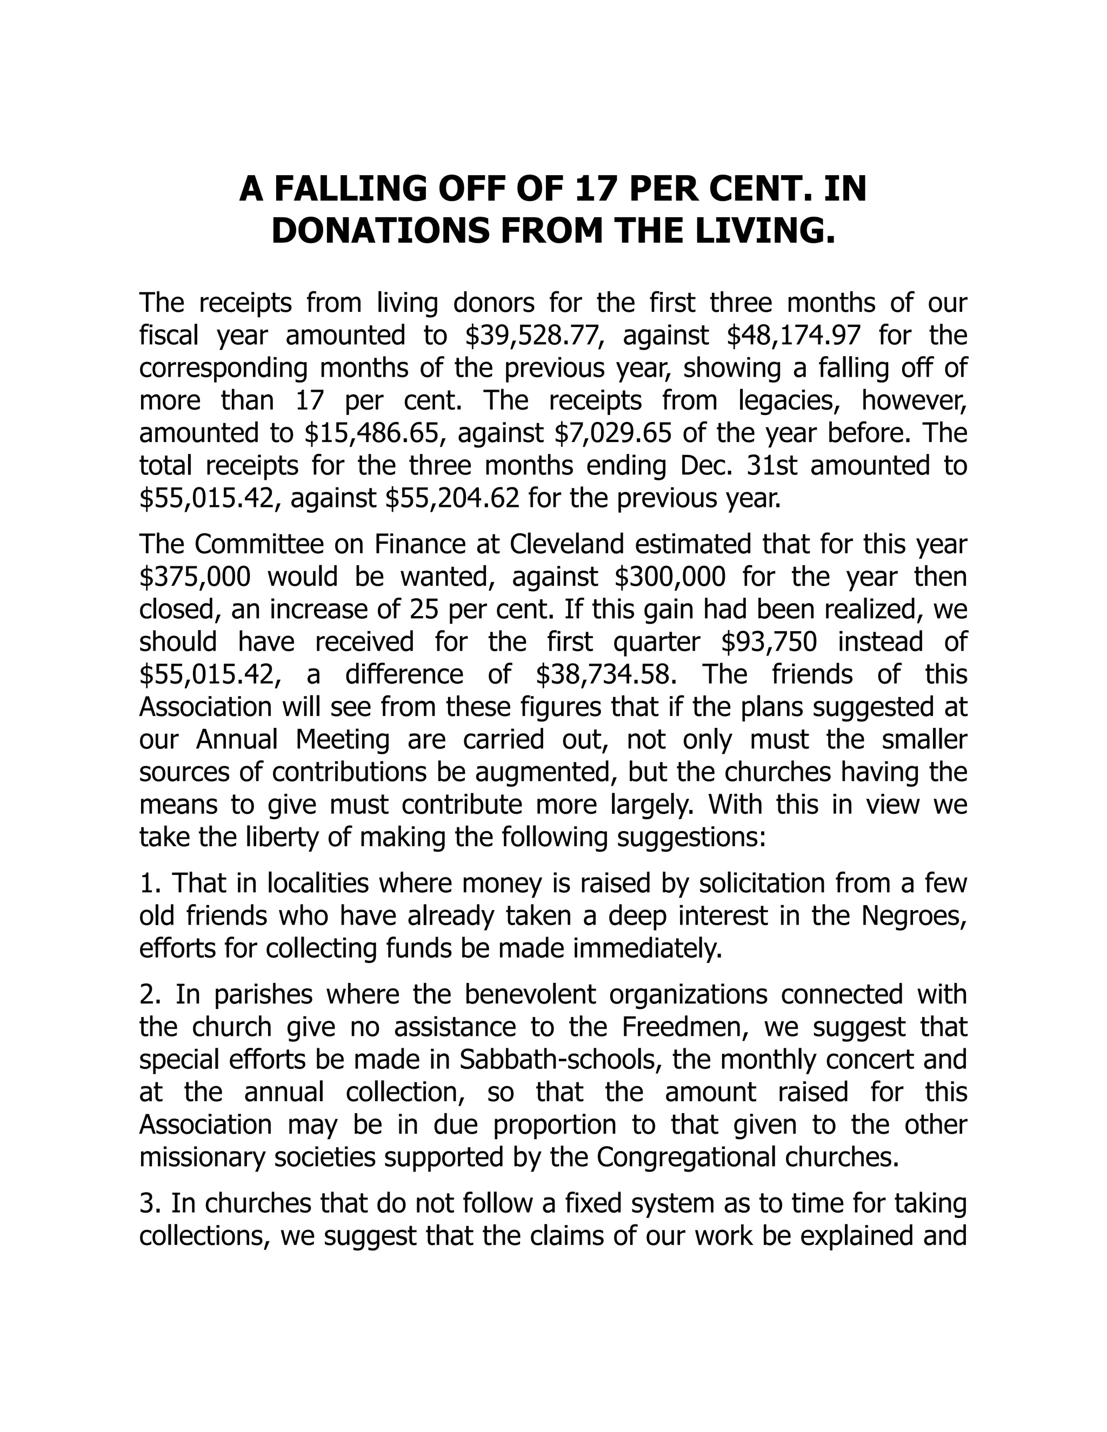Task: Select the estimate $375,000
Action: (195, 577)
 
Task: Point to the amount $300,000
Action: (670, 577)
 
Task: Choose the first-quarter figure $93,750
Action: (769, 642)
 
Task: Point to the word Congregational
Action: (686, 1157)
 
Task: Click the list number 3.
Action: (146, 1203)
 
